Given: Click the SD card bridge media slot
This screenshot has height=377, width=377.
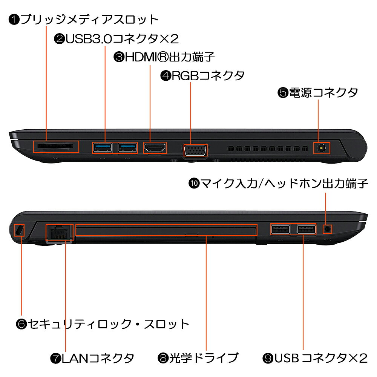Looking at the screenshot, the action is (x=55, y=146).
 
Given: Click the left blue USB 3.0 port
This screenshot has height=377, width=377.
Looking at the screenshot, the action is (x=103, y=147).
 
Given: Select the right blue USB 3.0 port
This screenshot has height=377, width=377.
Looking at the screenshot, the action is (x=128, y=147).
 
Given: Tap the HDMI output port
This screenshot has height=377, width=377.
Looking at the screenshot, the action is (x=155, y=147).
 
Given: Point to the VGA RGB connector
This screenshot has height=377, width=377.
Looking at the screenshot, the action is (x=195, y=150).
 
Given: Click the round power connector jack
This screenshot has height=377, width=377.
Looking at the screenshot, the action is (x=322, y=148).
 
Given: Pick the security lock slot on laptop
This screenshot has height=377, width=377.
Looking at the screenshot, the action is (x=19, y=230).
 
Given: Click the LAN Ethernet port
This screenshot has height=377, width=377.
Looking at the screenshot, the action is (x=59, y=232).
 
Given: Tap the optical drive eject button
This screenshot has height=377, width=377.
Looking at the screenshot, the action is (x=192, y=234).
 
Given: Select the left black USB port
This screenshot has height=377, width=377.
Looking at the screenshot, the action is (x=280, y=229).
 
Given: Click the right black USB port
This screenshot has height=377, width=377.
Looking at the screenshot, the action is (x=306, y=229).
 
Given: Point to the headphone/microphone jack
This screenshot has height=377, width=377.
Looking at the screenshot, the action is (x=327, y=229).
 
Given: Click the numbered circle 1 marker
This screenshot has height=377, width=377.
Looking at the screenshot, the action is (x=14, y=20).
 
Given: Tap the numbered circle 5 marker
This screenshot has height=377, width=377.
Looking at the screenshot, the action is (x=283, y=93).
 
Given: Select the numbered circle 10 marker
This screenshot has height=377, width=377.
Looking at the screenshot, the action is (x=194, y=184).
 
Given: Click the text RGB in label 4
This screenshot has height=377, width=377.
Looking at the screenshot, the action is (x=185, y=75).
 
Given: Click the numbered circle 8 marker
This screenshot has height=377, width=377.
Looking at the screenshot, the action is (x=163, y=358).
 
